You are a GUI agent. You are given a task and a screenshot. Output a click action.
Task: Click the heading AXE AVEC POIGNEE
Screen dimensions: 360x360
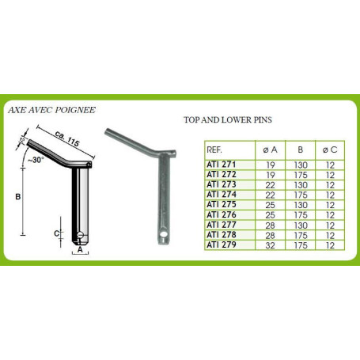pos(51,110)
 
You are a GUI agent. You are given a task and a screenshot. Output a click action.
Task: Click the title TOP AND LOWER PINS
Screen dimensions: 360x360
pos(228,120)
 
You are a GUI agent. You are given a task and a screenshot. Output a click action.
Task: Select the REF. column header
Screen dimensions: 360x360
pos(214,150)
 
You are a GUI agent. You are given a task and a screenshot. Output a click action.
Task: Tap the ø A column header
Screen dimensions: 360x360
pos(270,150)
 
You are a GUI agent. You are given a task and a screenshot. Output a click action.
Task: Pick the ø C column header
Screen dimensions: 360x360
pos(330,150)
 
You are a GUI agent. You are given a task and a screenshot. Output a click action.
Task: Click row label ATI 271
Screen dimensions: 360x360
pos(221,165)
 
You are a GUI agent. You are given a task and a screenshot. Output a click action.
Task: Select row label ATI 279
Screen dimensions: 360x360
pos(222,245)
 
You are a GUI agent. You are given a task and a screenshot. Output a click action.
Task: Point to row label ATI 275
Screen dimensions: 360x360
pos(222,205)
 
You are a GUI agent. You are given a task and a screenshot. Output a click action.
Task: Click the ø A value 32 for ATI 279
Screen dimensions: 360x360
pos(271,245)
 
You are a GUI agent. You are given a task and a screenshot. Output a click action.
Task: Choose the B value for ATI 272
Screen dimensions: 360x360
pos(301,175)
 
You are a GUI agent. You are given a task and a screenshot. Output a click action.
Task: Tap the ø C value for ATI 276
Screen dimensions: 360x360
pos(330,215)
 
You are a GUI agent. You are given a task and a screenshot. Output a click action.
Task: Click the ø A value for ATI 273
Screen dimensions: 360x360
pos(271,185)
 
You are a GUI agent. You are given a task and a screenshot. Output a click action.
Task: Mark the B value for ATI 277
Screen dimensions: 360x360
pos(301,225)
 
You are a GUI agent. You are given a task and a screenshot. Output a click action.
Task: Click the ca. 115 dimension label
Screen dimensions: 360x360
pos(67,138)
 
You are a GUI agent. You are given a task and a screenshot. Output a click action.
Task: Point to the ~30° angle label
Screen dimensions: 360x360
pos(36,160)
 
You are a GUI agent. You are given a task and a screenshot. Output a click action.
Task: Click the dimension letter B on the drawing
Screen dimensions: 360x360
pos(18,197)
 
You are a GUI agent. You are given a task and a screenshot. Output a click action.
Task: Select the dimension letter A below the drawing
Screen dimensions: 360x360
pos(80,249)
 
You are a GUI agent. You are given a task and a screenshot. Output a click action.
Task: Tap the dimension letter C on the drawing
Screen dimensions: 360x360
pos(56,233)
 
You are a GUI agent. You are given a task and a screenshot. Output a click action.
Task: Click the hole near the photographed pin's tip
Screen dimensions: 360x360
pos(165,234)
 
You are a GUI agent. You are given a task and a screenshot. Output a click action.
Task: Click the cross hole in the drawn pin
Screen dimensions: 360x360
pos(81,235)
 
